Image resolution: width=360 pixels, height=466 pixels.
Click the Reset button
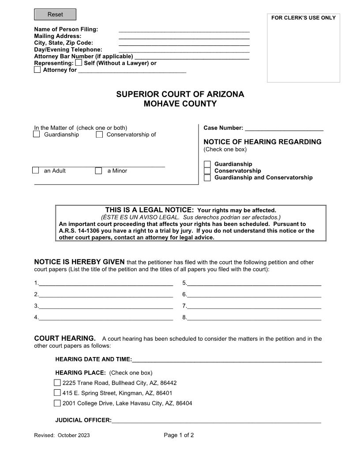pos(55,15)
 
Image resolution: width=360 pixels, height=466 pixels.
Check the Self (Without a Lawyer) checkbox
pos(79,63)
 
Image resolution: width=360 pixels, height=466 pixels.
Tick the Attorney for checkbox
pos(37,70)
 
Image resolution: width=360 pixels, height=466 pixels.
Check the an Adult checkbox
pos(36,171)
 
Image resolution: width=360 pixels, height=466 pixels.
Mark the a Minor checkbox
pos(99,171)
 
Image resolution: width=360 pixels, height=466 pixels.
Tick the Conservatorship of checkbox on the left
pos(99,135)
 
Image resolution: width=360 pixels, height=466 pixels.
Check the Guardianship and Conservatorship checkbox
pos(207,178)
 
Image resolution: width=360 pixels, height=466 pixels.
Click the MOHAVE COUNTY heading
pos(180,104)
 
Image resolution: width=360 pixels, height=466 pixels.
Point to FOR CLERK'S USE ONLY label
pos(303,18)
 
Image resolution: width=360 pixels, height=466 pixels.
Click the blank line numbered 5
pos(254,283)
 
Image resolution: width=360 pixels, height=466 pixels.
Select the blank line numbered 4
pos(105,317)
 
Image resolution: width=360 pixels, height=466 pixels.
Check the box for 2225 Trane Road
pos(57,383)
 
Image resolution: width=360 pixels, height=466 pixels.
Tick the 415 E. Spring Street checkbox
pos(57,393)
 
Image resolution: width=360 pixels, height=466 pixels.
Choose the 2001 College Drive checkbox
pos(57,403)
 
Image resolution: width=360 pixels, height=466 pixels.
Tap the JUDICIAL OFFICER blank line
pos(216,421)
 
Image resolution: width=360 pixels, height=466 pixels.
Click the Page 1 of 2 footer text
pos(179,435)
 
